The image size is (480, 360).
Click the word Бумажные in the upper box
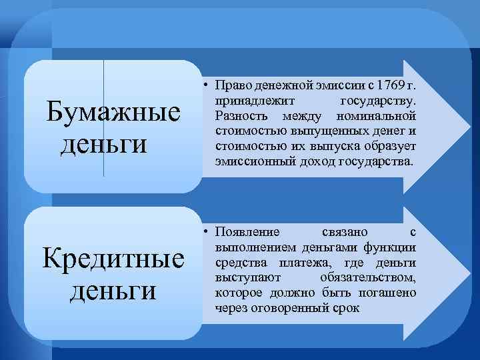tap(112, 113)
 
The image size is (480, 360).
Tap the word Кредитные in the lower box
tap(113, 259)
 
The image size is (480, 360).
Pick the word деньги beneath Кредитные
tap(113, 290)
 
